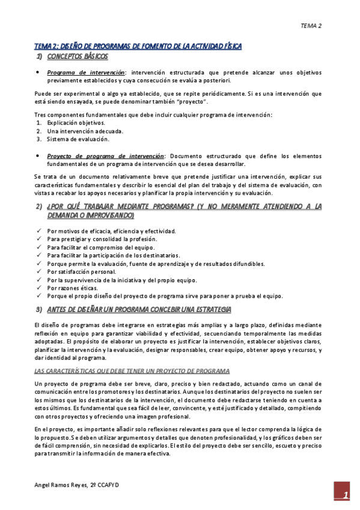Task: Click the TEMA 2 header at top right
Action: (x=311, y=26)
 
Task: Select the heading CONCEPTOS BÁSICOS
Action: (x=78, y=57)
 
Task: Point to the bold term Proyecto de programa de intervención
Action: (x=105, y=156)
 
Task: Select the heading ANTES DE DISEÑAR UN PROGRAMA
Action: (x=139, y=310)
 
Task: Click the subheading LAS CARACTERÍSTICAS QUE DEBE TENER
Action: (x=132, y=370)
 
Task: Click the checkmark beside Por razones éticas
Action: (x=39, y=288)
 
